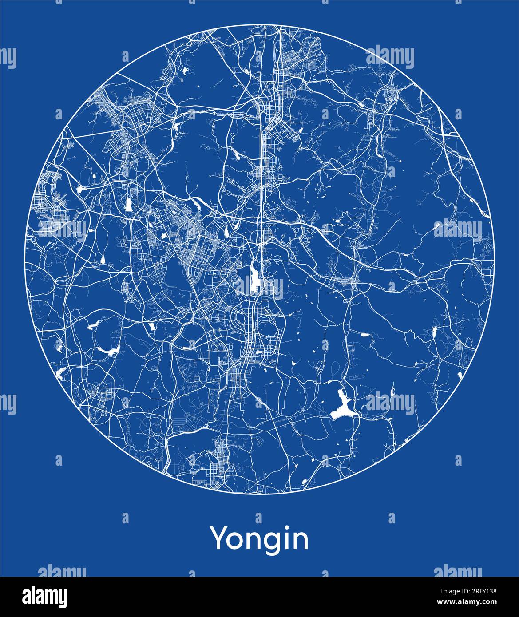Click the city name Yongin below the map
(259, 539)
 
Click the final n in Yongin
(301, 541)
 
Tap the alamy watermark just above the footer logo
(62, 572)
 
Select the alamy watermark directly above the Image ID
(457, 572)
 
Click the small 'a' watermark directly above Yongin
(258, 518)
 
